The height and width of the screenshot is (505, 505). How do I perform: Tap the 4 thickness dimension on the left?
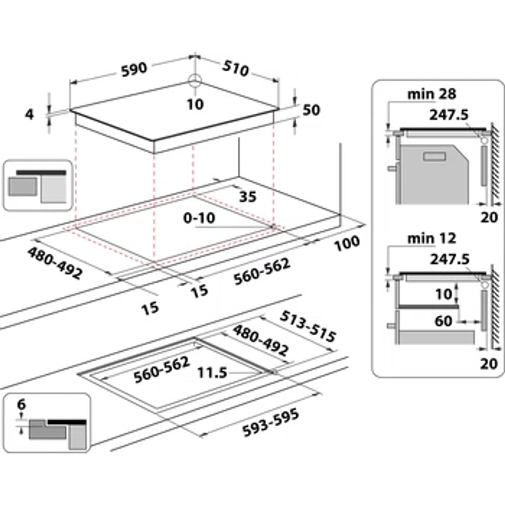tap(29, 115)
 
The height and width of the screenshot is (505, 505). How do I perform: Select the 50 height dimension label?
tap(311, 110)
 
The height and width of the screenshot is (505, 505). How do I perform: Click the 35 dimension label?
tap(248, 197)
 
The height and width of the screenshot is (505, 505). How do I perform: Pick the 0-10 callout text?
tap(199, 218)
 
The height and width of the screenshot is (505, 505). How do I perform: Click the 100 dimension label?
tap(347, 243)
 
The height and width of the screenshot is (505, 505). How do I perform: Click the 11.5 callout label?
tap(212, 373)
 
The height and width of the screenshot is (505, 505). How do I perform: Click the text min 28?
tap(432, 94)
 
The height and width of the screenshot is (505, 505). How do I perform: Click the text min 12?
tap(432, 238)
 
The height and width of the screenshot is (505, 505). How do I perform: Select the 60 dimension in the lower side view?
tap(443, 321)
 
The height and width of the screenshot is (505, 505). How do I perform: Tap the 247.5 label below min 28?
tap(449, 115)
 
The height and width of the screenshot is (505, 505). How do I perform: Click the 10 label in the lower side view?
tap(443, 294)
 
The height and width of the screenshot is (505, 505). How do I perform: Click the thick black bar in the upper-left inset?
tap(41, 173)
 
